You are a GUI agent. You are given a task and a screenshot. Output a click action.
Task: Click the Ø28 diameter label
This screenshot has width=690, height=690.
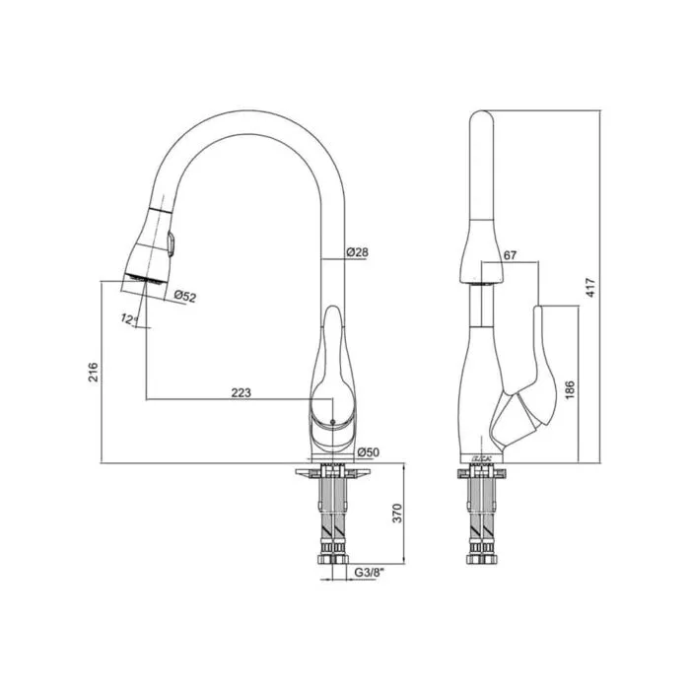pyautogui.click(x=357, y=252)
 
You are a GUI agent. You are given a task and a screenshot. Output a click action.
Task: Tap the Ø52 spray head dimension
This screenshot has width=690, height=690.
pyautogui.click(x=185, y=297)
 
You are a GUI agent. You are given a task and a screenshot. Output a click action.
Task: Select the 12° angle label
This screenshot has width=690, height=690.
pyautogui.click(x=129, y=319)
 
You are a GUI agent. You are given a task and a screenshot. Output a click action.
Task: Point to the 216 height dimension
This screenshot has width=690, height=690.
pyautogui.click(x=94, y=373)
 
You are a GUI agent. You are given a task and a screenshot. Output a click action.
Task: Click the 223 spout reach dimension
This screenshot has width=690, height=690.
pyautogui.click(x=241, y=392)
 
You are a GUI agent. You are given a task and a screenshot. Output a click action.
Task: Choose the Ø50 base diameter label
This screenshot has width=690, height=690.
pyautogui.click(x=368, y=451)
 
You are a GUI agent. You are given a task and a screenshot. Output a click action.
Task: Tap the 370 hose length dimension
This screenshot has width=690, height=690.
pyautogui.click(x=397, y=514)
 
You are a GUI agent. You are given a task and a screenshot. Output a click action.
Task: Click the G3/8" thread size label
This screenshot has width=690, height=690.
pyautogui.click(x=370, y=573)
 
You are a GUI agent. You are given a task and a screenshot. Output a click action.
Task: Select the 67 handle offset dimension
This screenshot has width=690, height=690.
pyautogui.click(x=510, y=255)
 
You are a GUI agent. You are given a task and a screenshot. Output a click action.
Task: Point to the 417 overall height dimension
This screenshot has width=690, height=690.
pyautogui.click(x=590, y=287)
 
